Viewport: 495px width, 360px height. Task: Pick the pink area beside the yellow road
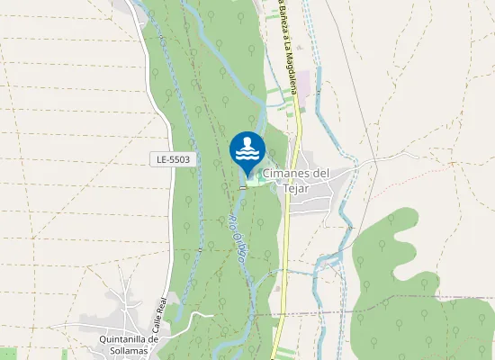[305, 84]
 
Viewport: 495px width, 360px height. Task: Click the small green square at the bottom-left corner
[7, 353]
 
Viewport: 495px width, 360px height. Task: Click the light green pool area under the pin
[255, 183]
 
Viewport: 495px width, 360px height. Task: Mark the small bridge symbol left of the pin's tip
[242, 188]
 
